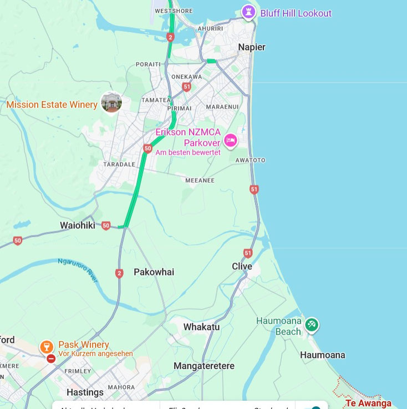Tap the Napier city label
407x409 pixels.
(252, 47)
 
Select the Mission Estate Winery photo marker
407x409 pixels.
(111, 102)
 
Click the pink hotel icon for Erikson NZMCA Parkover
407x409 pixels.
(231, 140)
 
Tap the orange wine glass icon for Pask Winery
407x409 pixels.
(47, 347)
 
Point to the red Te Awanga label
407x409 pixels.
(368, 403)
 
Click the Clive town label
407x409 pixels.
(242, 266)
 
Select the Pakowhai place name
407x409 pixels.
(154, 272)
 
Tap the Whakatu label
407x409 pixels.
(201, 327)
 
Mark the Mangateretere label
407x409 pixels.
(204, 366)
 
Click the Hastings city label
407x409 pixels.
(85, 392)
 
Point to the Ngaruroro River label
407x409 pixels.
(78, 270)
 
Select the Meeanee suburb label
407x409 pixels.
(200, 180)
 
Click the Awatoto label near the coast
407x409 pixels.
(251, 160)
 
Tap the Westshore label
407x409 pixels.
(174, 11)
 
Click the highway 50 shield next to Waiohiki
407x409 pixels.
(106, 226)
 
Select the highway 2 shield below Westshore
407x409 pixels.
(170, 37)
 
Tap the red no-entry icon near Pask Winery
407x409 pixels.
(51, 359)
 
